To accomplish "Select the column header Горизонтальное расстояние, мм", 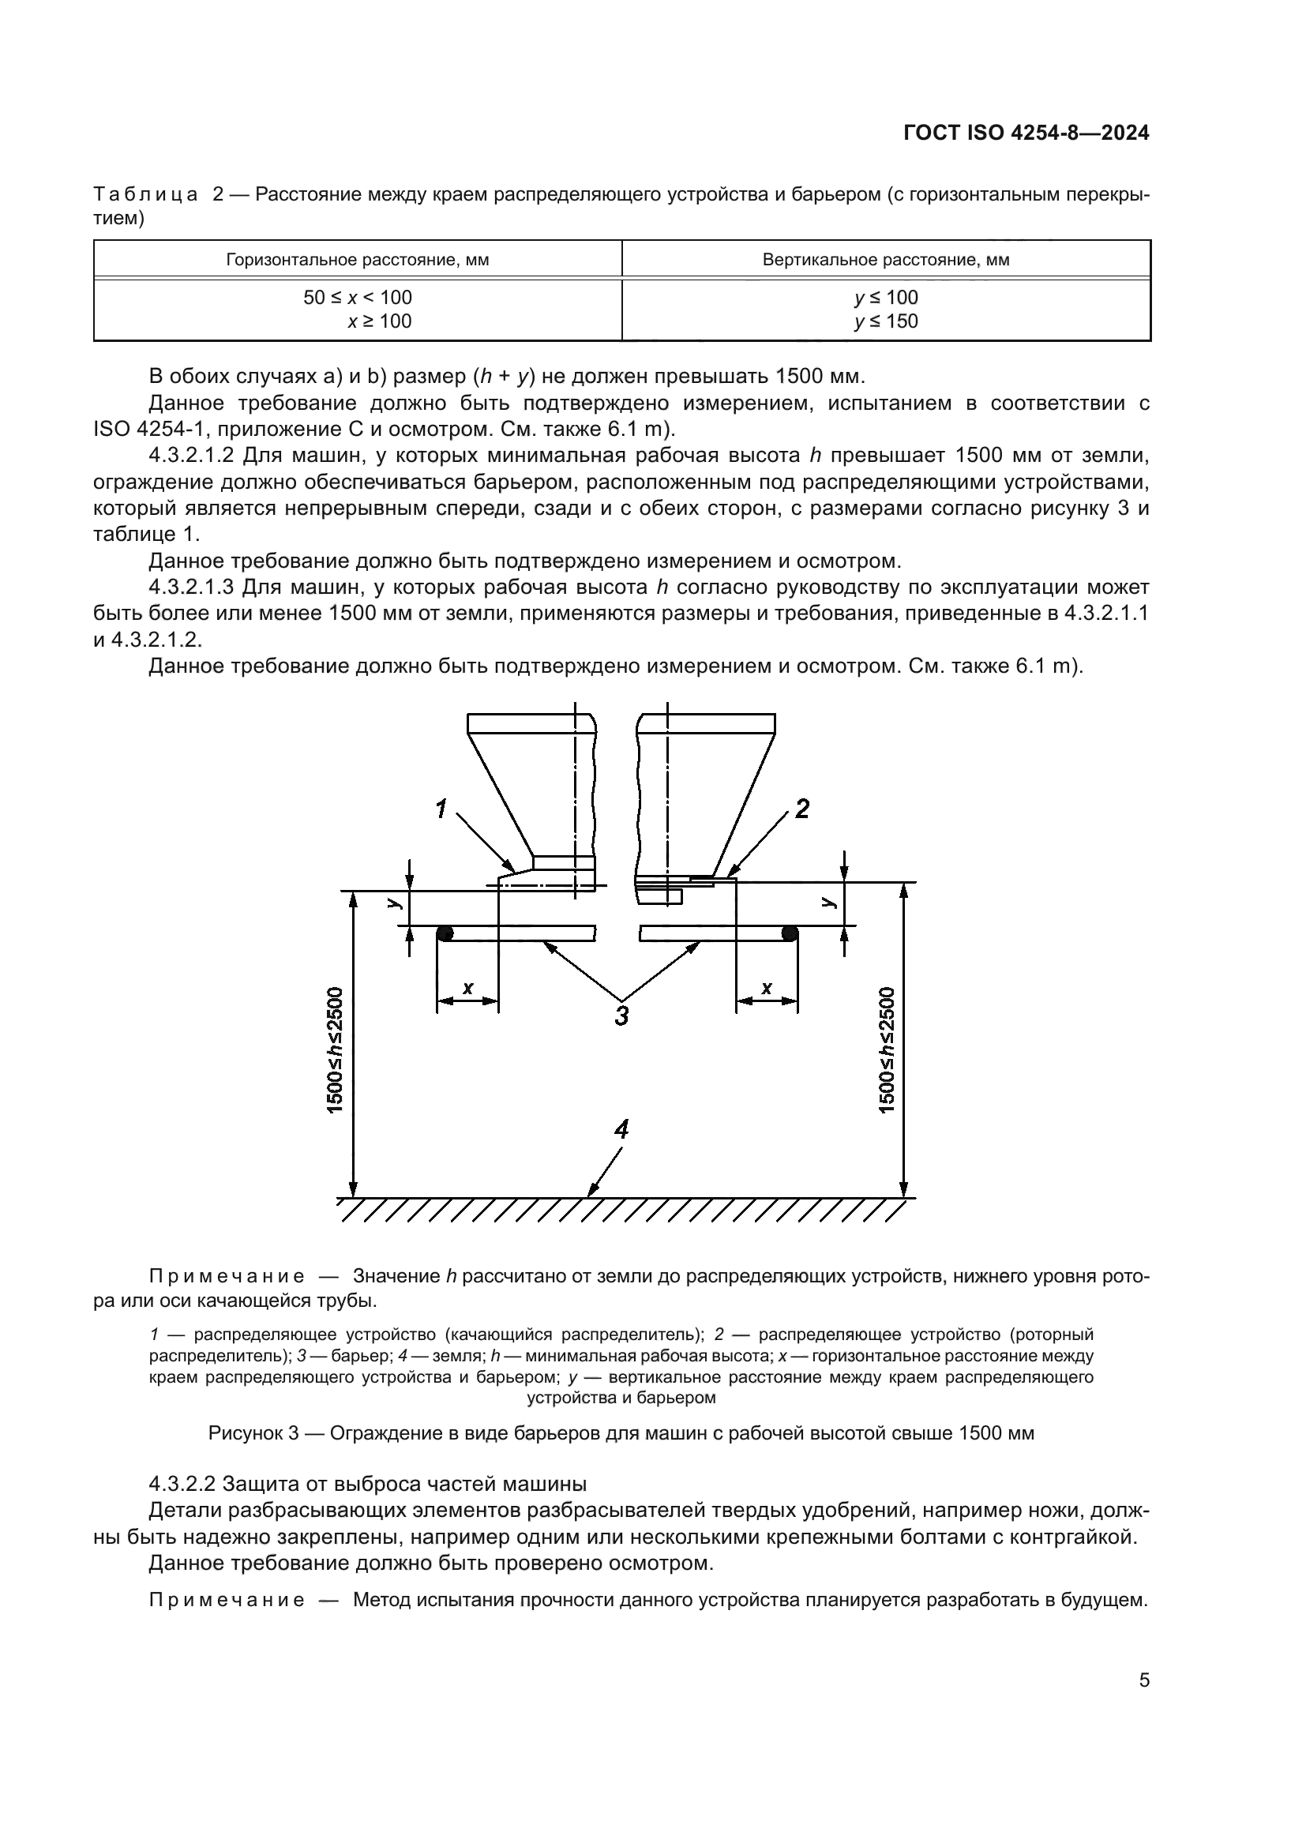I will point(357,260).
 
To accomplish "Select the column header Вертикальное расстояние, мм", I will point(886,260).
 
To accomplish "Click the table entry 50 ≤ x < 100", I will point(357,298).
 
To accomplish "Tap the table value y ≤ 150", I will point(886,321).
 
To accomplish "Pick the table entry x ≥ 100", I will point(379,321).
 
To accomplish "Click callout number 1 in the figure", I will point(441,809).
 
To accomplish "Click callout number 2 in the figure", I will point(801,809).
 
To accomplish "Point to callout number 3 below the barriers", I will point(621,1015).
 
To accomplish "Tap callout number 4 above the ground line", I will point(621,1130).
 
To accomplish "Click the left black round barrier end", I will point(445,933).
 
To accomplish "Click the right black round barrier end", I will point(790,933).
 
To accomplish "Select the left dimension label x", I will point(468,987).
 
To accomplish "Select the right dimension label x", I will point(767,987).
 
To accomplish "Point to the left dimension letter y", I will point(393,903).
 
